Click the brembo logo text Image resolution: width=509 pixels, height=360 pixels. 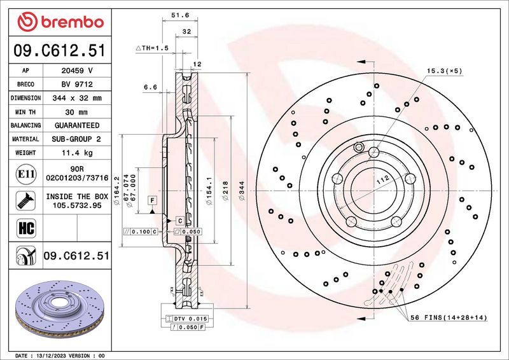click(70, 23)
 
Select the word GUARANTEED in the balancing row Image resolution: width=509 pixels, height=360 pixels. click(77, 125)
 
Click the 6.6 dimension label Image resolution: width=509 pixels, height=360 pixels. click(150, 87)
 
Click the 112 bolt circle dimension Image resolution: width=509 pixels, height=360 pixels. click(382, 181)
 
